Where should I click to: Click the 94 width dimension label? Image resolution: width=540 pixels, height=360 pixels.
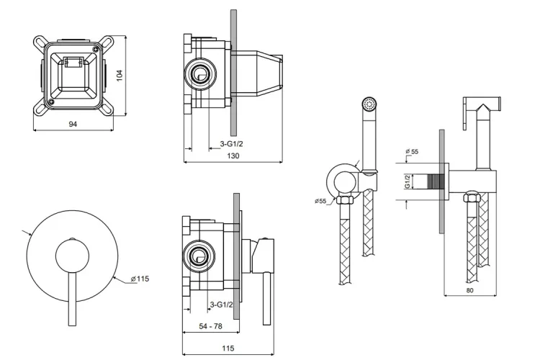[x=73, y=124]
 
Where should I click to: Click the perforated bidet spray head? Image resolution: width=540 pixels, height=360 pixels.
[x=369, y=105]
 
